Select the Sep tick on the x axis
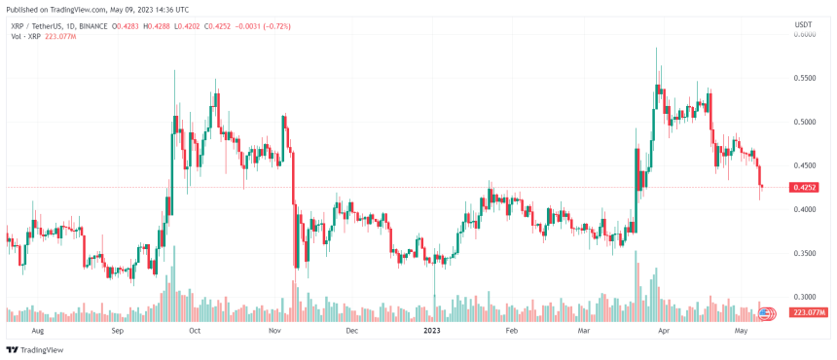click(117, 330)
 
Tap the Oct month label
click(194, 330)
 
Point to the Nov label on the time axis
click(274, 330)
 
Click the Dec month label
click(352, 330)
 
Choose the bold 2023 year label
click(433, 330)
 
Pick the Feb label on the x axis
click(512, 330)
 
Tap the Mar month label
click(584, 330)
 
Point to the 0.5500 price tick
click(804, 77)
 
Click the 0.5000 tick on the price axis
click(804, 122)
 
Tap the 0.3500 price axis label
click(804, 253)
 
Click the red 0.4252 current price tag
click(805, 187)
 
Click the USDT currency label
click(804, 24)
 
